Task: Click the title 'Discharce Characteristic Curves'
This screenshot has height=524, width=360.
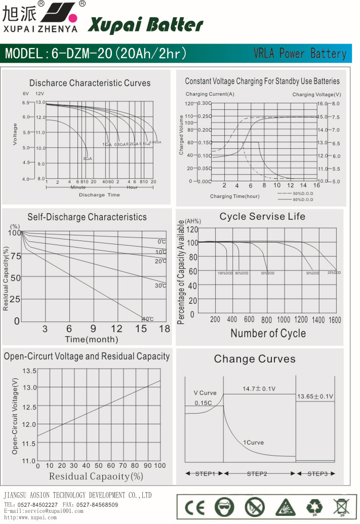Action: click(90, 83)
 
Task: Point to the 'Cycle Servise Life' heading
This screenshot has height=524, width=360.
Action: click(262, 217)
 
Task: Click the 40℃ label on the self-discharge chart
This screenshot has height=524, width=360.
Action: click(147, 319)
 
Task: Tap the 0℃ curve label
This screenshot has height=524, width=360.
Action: click(162, 241)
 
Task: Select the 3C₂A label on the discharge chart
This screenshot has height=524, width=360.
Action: click(87, 159)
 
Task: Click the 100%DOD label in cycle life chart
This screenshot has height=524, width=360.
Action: click(225, 273)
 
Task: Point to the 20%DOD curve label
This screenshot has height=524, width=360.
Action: click(334, 273)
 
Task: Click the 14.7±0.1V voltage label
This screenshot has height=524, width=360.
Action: click(259, 389)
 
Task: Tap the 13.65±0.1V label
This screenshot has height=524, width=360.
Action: click(315, 396)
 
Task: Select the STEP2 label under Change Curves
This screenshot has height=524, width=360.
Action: click(257, 474)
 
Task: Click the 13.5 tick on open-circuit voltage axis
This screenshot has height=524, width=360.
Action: click(30, 371)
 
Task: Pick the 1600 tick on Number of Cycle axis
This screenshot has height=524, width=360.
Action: click(335, 320)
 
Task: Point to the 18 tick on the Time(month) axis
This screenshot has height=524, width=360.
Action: click(165, 329)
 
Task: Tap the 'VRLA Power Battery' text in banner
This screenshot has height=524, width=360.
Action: click(300, 54)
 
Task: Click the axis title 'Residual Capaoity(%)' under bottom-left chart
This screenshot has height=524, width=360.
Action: click(96, 476)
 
